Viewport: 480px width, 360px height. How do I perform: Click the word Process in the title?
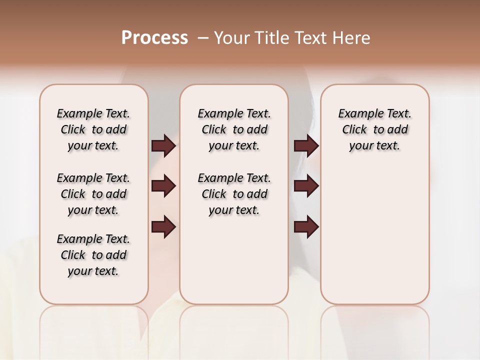click(x=154, y=38)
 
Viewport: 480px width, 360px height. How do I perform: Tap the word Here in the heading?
click(x=351, y=38)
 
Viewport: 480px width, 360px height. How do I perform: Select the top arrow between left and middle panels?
click(x=163, y=145)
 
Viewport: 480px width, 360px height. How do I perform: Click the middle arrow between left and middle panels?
click(x=163, y=186)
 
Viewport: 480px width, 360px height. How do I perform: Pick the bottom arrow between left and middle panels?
click(x=163, y=227)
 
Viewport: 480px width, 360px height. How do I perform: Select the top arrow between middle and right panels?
click(x=306, y=145)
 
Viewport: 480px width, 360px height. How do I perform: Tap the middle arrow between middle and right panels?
click(x=306, y=186)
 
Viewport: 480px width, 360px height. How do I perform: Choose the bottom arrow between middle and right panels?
click(x=306, y=227)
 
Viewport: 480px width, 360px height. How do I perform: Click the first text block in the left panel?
click(x=93, y=129)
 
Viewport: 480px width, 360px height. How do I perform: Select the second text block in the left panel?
click(x=93, y=194)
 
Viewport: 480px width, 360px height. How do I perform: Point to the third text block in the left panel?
click(x=93, y=255)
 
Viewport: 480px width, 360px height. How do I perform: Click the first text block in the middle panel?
click(x=234, y=129)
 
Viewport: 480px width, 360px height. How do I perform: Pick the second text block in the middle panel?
click(x=234, y=194)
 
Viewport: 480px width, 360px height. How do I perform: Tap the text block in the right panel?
click(x=374, y=129)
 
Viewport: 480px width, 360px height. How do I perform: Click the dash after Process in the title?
click(x=202, y=38)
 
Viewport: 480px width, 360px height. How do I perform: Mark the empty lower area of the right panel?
click(x=374, y=240)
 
